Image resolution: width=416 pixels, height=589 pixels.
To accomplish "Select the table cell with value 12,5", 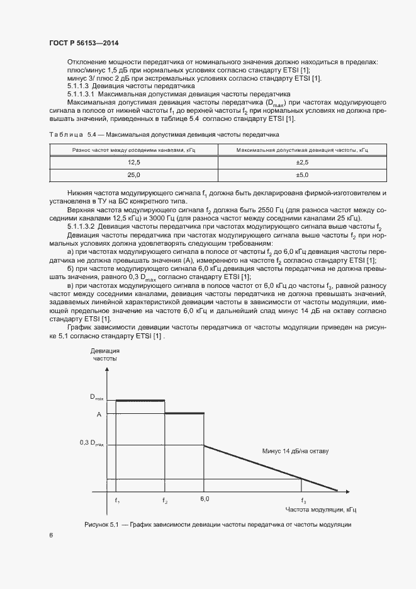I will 133,162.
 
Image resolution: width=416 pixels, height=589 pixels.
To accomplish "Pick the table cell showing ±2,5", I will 301,162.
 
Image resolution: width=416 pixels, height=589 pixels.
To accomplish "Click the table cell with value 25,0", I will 133,174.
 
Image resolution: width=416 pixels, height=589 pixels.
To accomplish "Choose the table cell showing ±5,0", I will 301,174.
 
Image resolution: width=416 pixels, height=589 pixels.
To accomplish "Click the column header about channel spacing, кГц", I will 133,150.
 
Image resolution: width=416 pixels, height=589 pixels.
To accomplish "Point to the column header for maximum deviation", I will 301,150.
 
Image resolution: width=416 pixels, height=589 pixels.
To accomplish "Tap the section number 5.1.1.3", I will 79,85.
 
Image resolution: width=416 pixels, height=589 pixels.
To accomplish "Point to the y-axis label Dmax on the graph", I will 97,397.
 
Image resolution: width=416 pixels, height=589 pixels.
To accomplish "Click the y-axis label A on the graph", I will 99,414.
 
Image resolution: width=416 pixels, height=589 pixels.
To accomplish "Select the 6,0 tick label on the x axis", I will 205,499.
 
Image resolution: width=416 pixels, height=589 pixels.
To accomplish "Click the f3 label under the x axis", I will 303,501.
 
